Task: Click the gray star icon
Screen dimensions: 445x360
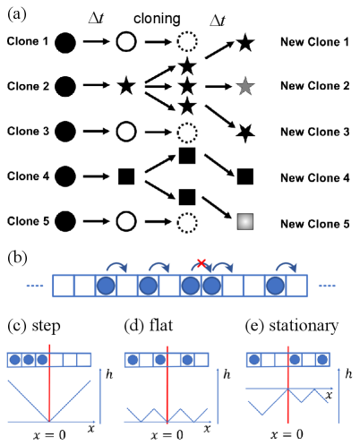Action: click(245, 86)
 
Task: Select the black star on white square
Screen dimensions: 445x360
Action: click(244, 133)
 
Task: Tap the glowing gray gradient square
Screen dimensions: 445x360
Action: click(245, 221)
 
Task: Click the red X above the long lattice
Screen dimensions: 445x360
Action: click(201, 262)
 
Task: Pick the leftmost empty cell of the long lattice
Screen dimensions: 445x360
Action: click(64, 286)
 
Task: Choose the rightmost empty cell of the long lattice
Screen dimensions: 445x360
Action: click(296, 286)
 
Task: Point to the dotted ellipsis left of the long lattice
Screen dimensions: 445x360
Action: click(35, 286)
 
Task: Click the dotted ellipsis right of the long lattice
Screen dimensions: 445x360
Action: click(327, 286)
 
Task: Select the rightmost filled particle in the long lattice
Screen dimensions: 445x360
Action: click(275, 286)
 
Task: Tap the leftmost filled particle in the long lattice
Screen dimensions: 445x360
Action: click(106, 286)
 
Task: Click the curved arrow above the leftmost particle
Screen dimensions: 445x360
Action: click(116, 266)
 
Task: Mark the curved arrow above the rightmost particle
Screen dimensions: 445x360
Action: click(286, 266)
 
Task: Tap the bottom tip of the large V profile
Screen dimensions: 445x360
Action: click(49, 421)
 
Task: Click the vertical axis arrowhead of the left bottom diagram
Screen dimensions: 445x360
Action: click(100, 370)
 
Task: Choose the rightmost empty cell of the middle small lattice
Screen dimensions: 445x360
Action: click(201, 360)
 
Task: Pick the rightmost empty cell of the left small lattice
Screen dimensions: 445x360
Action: click(84, 360)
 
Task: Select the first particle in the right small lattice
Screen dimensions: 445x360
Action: click(254, 360)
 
